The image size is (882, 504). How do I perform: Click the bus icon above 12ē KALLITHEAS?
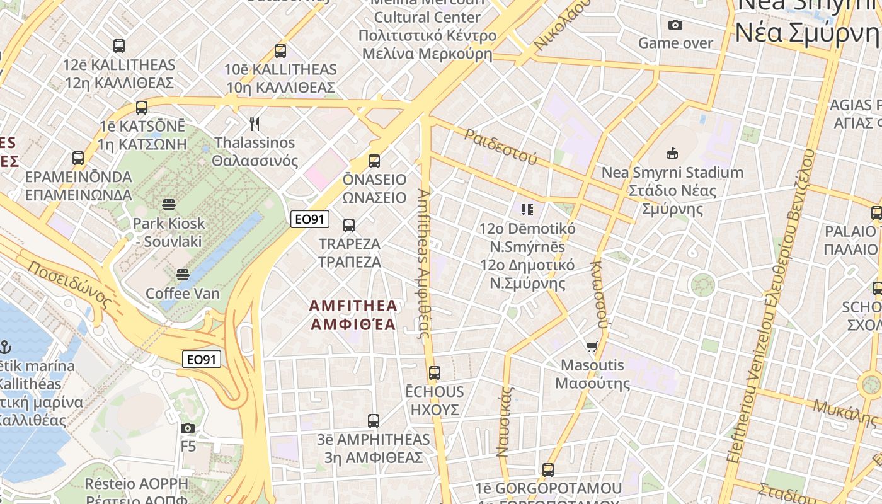pos(119,45)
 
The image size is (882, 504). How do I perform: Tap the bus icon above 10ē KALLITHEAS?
pos(280,50)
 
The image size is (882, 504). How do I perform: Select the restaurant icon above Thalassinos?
pos(255,123)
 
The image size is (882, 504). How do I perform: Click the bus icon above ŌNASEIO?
pos(374,161)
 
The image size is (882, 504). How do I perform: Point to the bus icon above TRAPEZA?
pos(348,225)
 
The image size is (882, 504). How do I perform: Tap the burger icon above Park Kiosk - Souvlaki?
pos(168,204)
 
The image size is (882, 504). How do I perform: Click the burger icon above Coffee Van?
pos(183,275)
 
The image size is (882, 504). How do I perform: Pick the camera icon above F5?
pos(187,428)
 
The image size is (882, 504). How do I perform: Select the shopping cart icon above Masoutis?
pos(592,346)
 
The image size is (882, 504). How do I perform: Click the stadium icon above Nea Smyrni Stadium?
pos(672,153)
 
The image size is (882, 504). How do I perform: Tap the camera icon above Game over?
pos(675,25)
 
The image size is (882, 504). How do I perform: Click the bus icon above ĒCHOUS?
pos(434,372)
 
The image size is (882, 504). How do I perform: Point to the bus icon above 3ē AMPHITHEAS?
pos(374,420)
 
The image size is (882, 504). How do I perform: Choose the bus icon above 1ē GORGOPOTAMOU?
pos(547,469)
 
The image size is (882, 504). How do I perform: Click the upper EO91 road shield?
pos(310,219)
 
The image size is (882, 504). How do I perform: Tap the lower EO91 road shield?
pos(202,360)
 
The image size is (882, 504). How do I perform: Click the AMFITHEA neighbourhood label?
pos(353,315)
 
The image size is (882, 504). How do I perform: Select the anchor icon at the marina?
pos(5,346)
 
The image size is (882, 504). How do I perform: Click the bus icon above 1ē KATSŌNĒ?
pos(142,107)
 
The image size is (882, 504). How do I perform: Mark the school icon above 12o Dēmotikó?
pos(527,209)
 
